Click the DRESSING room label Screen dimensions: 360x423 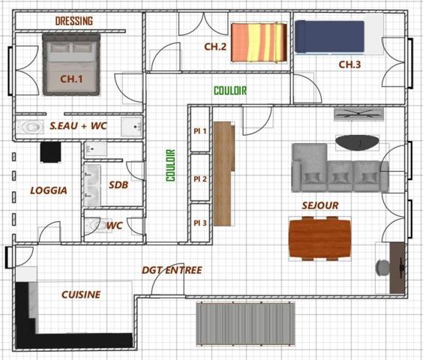coord(74,21)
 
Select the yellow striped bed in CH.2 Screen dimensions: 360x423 coord(258,42)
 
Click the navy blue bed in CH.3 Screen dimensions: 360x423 coord(330,37)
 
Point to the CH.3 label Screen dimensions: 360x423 coord(349,64)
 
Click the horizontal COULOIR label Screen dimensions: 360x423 coord(229,91)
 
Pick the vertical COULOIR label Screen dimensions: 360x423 coord(170,165)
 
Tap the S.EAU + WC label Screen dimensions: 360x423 coord(78,127)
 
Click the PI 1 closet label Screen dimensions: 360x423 coord(199,130)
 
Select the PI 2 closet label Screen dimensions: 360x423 coord(199,178)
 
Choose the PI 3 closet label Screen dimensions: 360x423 coord(199,223)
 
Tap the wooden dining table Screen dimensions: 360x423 coord(320,238)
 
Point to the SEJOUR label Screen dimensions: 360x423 coord(320,205)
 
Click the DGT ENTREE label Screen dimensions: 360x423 coord(172,270)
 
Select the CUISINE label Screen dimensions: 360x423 coord(81,295)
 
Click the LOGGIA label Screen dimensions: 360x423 coord(48,190)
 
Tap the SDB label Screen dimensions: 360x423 coord(118,184)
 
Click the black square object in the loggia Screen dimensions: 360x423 coord(51,152)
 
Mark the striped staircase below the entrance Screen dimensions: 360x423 coord(243,322)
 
